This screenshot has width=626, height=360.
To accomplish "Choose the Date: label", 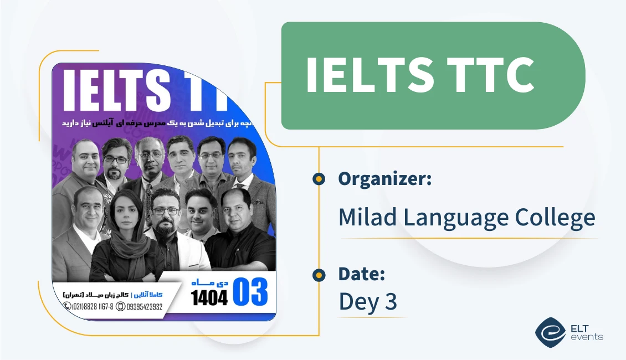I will [362, 274].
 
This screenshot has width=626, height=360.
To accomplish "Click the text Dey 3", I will [368, 302].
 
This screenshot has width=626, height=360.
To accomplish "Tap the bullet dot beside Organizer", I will [319, 179].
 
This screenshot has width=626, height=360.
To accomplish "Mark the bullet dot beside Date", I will [319, 275].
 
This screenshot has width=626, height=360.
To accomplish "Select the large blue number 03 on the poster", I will [250, 292].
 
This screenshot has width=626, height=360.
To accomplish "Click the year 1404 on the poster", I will [209, 299].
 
